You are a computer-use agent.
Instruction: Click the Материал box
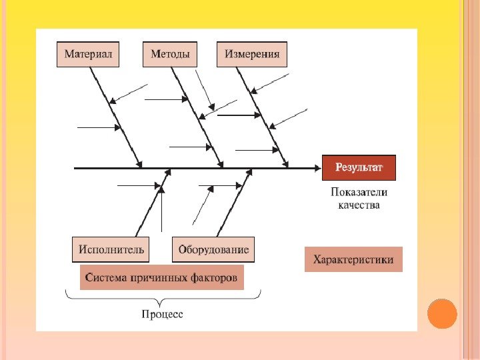(x=87, y=54)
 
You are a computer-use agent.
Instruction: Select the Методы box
(x=170, y=54)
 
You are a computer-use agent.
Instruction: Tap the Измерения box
(x=252, y=54)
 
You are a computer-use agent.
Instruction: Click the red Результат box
(x=359, y=167)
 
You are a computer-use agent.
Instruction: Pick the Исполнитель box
(x=111, y=249)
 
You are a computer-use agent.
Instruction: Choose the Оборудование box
(x=213, y=249)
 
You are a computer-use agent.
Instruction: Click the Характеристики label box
(x=353, y=259)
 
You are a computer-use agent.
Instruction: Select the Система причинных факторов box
(x=161, y=277)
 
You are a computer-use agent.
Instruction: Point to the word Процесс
(x=162, y=313)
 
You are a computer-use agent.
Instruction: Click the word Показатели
(x=359, y=192)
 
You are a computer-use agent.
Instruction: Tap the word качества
(x=359, y=205)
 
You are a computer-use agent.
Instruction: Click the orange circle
(x=442, y=313)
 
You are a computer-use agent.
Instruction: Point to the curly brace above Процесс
(x=162, y=295)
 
